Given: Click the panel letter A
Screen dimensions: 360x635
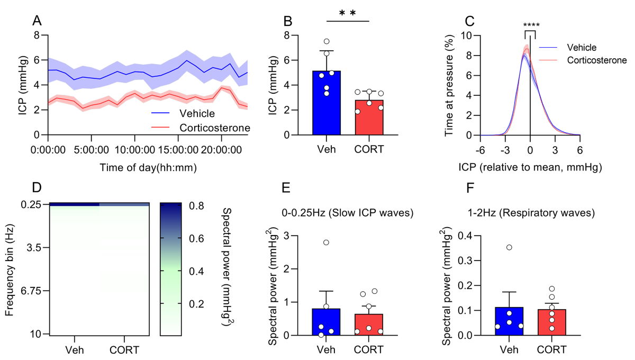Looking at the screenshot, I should [37, 21].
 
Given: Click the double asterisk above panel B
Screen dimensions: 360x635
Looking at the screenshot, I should [347, 11].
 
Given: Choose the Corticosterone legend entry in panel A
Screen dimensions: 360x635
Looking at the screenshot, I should [214, 128].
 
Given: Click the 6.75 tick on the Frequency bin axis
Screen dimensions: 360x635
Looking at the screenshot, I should [31, 291].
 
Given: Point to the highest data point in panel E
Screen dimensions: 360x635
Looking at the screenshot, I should [326, 242].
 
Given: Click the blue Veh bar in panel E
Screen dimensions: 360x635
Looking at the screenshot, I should [326, 322].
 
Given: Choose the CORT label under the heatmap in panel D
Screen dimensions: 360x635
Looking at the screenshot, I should [124, 350].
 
